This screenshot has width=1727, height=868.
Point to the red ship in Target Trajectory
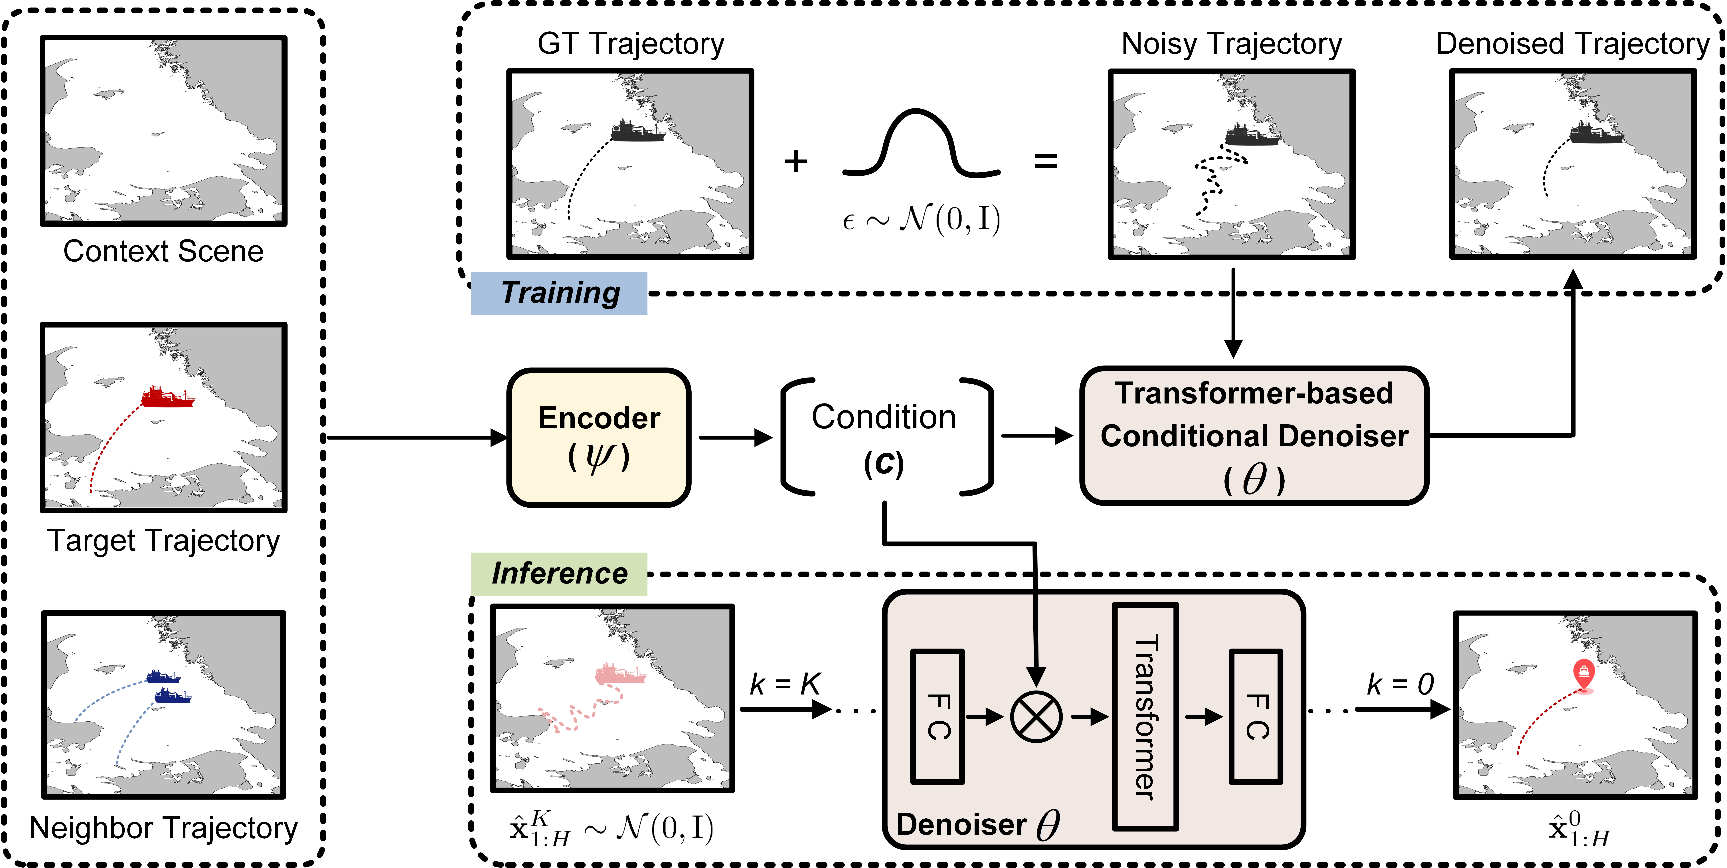pyautogui.click(x=168, y=397)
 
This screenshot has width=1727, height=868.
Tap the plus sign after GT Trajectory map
pyautogui.click(x=796, y=162)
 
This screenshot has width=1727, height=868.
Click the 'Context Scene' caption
pyautogui.click(x=164, y=252)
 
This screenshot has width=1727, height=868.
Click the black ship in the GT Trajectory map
pyautogui.click(x=638, y=131)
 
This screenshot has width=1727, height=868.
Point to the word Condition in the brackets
pyautogui.click(x=884, y=417)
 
